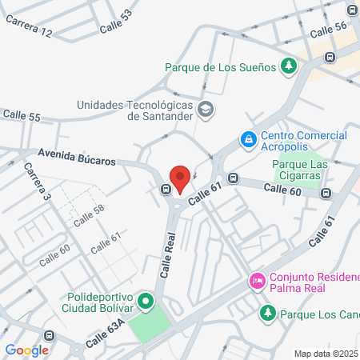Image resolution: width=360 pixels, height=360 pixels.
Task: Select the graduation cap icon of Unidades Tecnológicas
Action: point(206,109)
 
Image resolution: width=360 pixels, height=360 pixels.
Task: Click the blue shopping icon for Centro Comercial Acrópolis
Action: point(249,140)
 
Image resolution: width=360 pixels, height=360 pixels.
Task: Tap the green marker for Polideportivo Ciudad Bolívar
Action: point(146,302)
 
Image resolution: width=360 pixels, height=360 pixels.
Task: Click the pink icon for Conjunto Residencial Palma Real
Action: point(257,280)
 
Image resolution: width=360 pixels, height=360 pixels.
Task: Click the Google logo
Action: point(26,350)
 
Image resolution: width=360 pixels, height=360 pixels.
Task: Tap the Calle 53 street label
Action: point(116,22)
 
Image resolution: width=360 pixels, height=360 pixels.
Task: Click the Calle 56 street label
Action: point(329,26)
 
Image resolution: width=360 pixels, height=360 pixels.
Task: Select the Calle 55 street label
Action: point(22,117)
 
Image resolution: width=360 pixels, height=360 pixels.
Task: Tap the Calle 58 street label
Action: point(89,216)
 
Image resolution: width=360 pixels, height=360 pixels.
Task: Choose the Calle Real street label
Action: point(167,254)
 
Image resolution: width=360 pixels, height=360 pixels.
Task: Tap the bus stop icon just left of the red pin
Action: point(166,190)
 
